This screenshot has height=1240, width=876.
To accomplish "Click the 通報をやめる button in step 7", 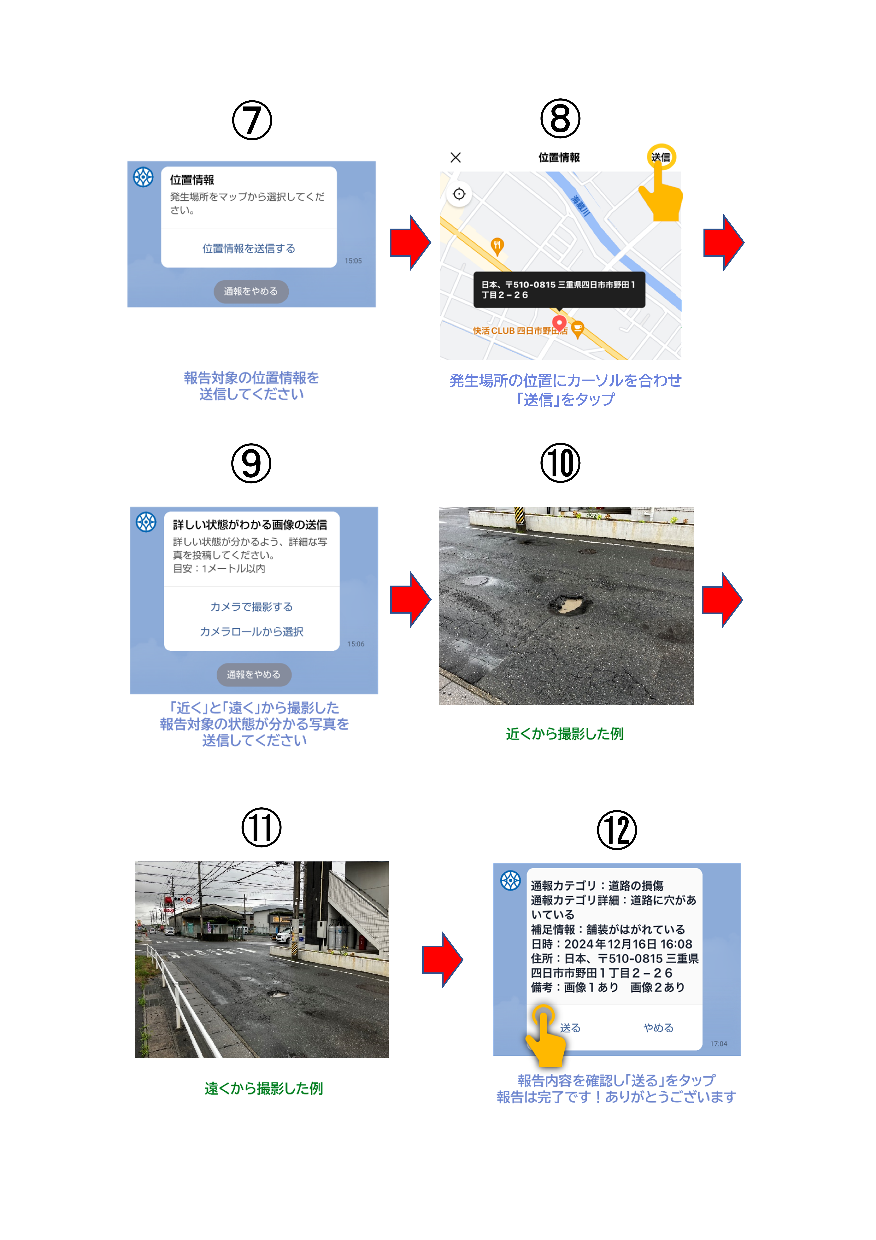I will pyautogui.click(x=251, y=291).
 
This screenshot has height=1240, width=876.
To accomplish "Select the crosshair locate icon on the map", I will pyautogui.click(x=459, y=194).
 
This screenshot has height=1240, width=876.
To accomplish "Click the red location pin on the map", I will pyautogui.click(x=560, y=323).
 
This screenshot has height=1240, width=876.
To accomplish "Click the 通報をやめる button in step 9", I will pyautogui.click(x=254, y=675).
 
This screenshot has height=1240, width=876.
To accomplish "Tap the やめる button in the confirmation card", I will pyautogui.click(x=658, y=1028).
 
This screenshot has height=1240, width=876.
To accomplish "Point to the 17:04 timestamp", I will pyautogui.click(x=718, y=1044).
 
